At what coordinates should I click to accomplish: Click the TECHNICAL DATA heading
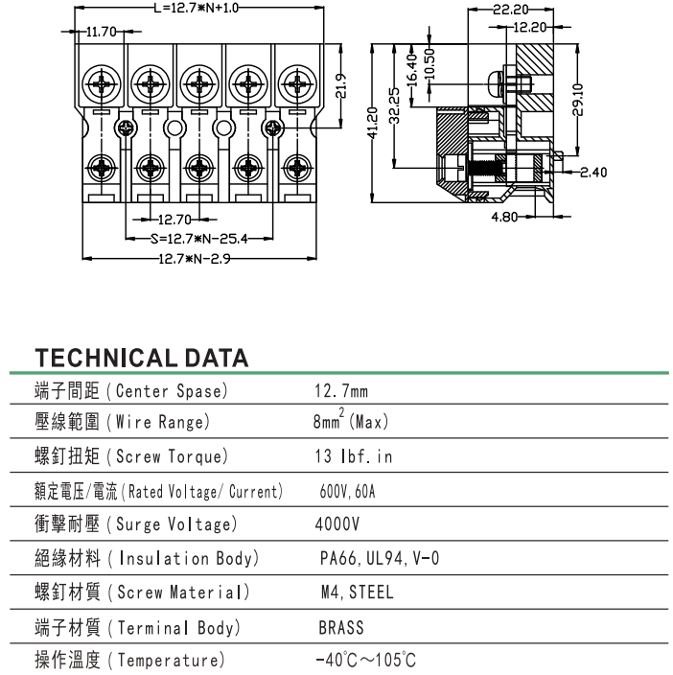click(x=142, y=359)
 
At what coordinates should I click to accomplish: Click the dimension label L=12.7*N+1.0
click(x=196, y=8)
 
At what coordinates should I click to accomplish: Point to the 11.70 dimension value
click(x=101, y=32)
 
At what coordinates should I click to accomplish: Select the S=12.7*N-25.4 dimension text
click(x=199, y=239)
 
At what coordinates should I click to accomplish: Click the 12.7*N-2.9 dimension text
click(x=196, y=259)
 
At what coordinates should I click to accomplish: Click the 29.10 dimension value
click(x=576, y=99)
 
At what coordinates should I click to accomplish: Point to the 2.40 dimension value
click(x=594, y=173)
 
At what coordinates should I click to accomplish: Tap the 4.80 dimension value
click(x=504, y=218)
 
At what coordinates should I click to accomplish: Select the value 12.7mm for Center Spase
click(x=341, y=391)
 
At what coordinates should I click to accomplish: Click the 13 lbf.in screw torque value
click(x=353, y=456)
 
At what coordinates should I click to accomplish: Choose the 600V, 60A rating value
click(x=347, y=492)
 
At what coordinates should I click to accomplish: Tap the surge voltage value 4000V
click(x=337, y=525)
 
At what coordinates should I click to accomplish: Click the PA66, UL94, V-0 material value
click(x=379, y=558)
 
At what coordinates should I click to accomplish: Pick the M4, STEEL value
click(x=357, y=593)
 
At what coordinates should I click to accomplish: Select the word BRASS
click(x=341, y=628)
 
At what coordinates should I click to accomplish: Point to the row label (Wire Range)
click(x=157, y=422)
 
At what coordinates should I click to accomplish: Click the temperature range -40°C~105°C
click(x=365, y=661)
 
